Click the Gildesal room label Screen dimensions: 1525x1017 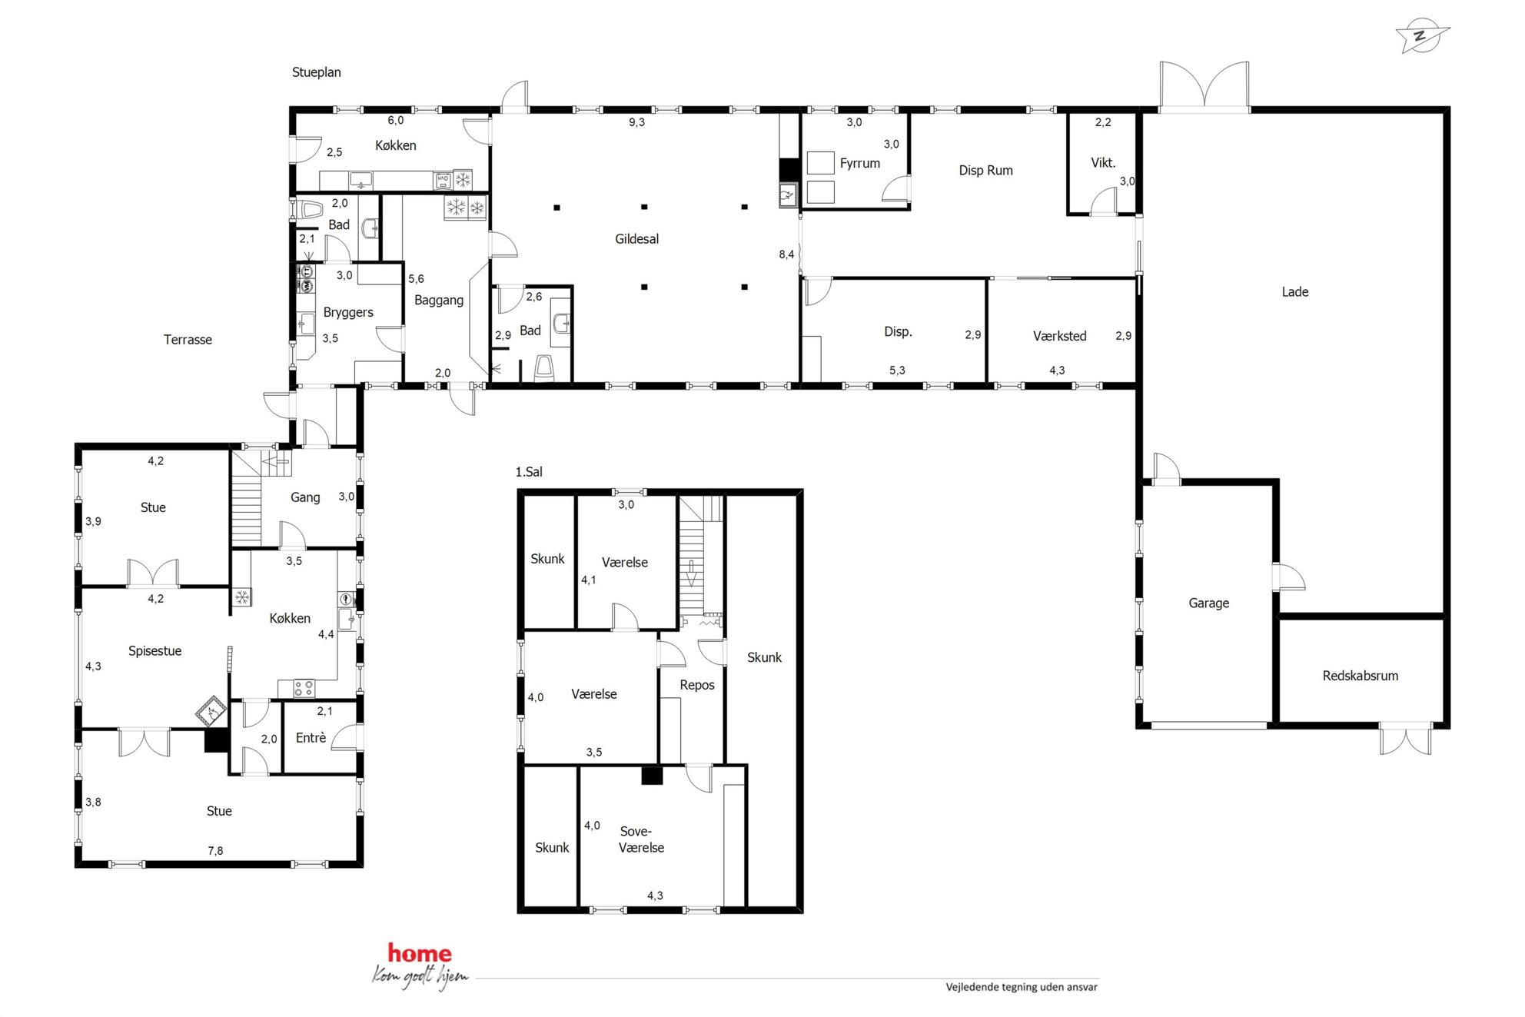[x=636, y=239]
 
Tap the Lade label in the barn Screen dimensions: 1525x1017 [x=1294, y=292]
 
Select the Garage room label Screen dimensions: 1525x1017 [x=1208, y=603]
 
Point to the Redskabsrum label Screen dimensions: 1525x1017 [x=1360, y=676]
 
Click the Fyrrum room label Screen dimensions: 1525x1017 [x=859, y=163]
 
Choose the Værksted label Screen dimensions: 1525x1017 [x=1059, y=336]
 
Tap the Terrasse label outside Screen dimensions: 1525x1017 [x=188, y=340]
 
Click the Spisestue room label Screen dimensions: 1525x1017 [x=154, y=651]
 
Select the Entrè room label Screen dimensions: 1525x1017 [x=311, y=738]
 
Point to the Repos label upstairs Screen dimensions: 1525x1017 [x=696, y=685]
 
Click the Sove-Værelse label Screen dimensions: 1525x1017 [x=641, y=839]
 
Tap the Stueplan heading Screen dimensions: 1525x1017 [x=316, y=72]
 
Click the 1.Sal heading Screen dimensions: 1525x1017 [x=529, y=472]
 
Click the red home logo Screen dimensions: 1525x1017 [x=420, y=954]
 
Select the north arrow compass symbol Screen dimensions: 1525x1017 [x=1421, y=35]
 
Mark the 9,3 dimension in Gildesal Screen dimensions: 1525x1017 [x=636, y=122]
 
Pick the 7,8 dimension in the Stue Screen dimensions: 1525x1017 [x=215, y=851]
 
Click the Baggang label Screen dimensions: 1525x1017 [x=438, y=301]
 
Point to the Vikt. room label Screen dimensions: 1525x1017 [x=1102, y=163]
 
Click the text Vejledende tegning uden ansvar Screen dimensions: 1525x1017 [x=1021, y=987]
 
